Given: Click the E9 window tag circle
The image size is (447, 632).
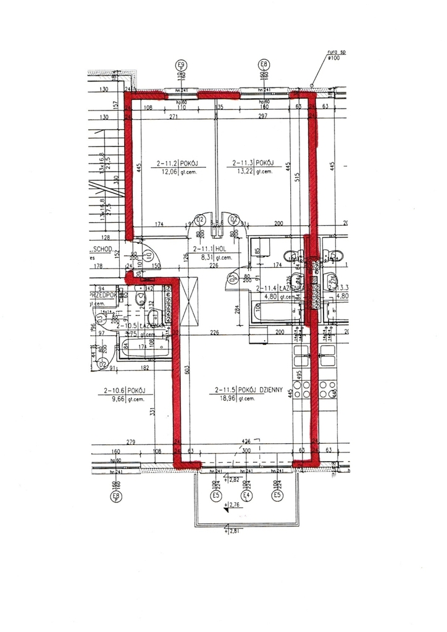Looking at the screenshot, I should (181, 64).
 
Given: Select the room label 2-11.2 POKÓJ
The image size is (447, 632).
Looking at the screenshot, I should (180, 164).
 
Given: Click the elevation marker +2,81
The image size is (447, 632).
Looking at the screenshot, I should (234, 531).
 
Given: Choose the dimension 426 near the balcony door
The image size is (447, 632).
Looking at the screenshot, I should (246, 441).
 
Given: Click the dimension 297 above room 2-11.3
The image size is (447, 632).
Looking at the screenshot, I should (264, 117).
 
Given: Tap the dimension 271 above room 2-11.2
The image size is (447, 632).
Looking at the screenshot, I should (174, 117).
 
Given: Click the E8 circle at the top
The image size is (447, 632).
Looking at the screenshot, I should (264, 64).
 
